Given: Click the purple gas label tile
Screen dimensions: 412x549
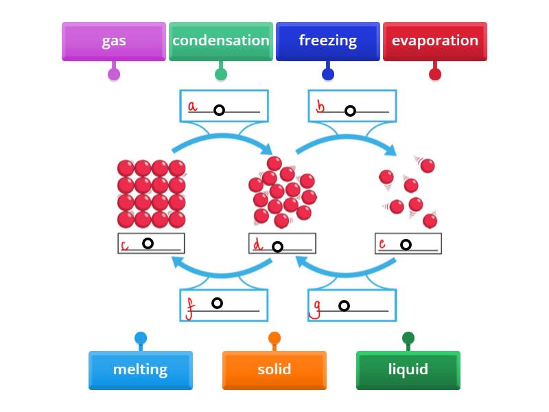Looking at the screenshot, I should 114,41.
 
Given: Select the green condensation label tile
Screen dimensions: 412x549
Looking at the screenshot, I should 221,41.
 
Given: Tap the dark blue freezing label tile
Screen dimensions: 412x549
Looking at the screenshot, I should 328,41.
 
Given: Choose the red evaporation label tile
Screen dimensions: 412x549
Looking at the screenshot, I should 435,41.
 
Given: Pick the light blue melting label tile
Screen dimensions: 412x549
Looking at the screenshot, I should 141,370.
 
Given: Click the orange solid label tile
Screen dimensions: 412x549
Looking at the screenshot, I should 274,370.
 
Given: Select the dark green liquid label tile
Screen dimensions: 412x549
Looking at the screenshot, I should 408,370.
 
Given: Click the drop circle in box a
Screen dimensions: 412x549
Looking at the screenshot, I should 219,110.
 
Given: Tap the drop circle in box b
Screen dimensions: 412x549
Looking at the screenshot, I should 350,111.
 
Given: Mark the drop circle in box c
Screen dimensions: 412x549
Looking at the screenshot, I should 148,244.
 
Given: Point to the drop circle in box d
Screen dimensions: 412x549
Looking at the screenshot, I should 277,247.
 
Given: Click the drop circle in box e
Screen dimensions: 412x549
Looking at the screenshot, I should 406,244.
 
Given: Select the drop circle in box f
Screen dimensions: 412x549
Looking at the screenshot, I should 217,303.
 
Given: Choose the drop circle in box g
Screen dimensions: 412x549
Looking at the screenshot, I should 344,306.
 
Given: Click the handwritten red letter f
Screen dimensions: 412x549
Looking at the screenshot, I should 190,310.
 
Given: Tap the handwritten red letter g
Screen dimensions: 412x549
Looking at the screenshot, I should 316,310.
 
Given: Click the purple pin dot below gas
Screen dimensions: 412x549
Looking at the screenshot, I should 114,74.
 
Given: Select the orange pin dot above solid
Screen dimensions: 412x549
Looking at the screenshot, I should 274,338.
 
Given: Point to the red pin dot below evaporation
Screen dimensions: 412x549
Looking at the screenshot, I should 435,74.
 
